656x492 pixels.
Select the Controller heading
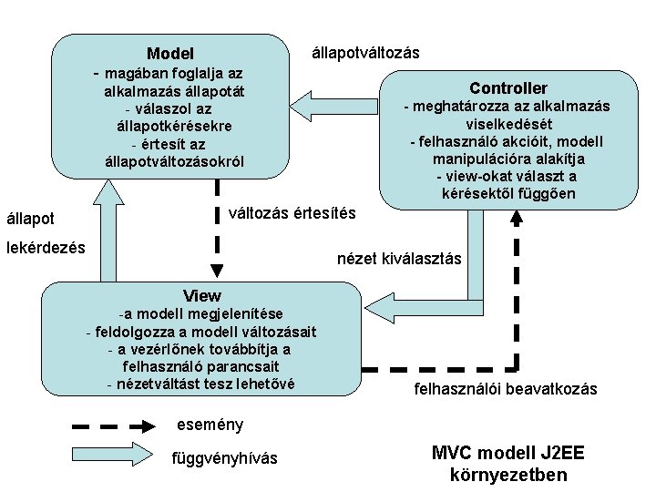pyautogui.click(x=508, y=88)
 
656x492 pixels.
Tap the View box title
pyautogui.click(x=201, y=295)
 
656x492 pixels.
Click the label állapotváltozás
pyautogui.click(x=365, y=52)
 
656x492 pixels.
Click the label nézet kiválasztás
pyautogui.click(x=400, y=260)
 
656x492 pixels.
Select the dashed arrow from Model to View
pyautogui.click(x=217, y=228)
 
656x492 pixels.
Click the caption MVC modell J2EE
pyautogui.click(x=508, y=453)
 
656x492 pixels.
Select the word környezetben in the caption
pyautogui.click(x=508, y=475)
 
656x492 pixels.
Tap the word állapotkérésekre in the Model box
pyautogui.click(x=174, y=127)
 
